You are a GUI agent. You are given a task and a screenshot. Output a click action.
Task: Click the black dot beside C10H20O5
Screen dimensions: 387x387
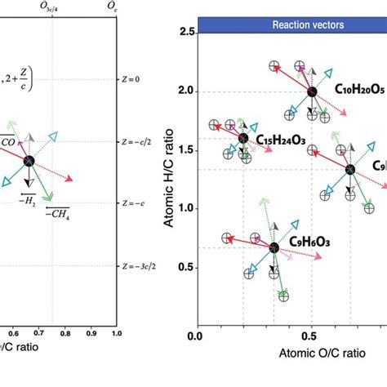click(x=311, y=91)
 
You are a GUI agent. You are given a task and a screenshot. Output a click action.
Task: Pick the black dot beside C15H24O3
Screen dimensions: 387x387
click(x=242, y=139)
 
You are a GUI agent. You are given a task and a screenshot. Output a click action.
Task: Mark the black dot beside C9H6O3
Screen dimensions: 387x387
click(x=275, y=247)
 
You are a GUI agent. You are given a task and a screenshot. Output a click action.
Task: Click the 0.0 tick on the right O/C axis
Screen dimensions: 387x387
click(x=195, y=336)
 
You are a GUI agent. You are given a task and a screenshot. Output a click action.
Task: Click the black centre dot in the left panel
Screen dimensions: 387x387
click(x=29, y=162)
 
